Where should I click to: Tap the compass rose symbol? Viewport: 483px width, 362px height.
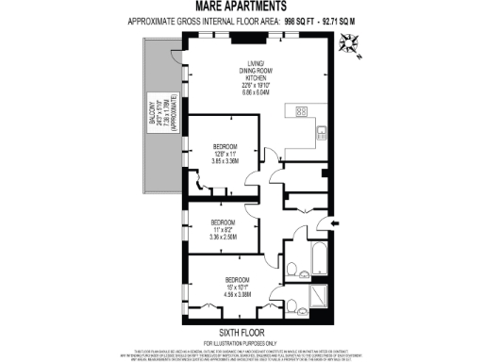click(351, 41)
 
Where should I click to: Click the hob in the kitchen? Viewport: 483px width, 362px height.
click(302, 111)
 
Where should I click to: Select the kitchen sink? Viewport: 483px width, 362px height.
click(321, 132)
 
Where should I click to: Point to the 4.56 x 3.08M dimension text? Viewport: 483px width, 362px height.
click(237, 295)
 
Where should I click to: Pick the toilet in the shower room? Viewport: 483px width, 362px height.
click(293, 298)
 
